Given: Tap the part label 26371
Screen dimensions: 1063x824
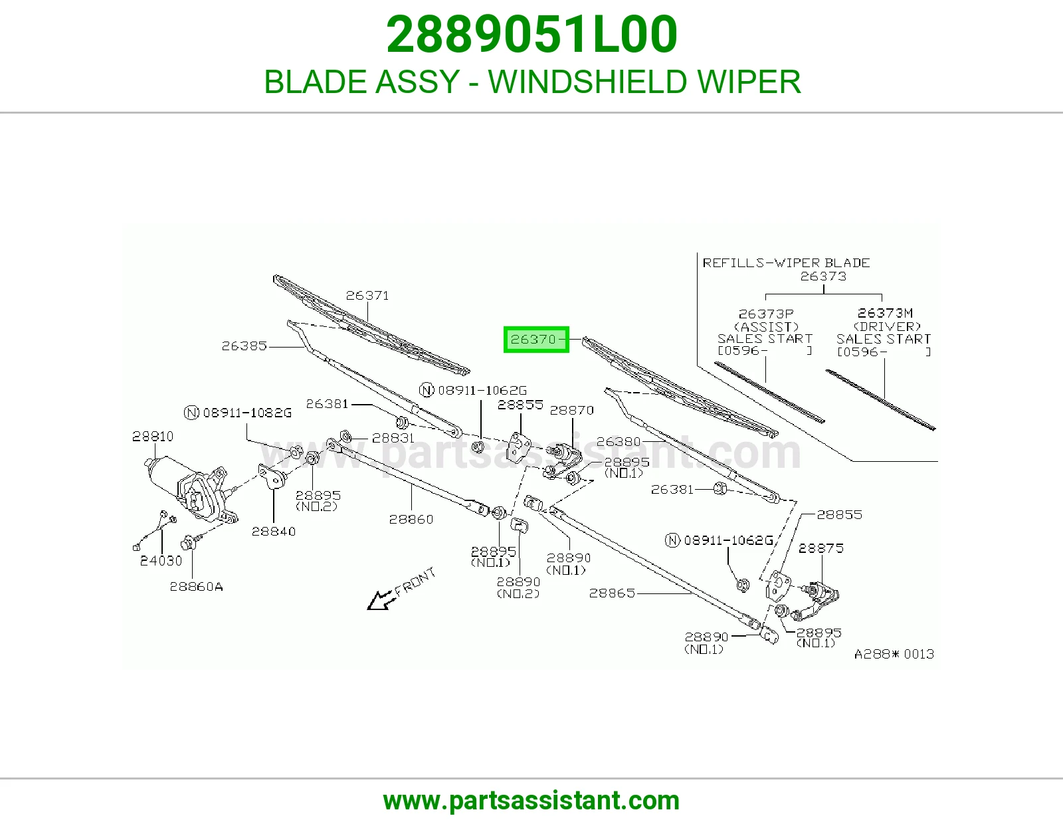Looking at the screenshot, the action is coord(367,296).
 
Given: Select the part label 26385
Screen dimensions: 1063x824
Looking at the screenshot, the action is coord(244,346).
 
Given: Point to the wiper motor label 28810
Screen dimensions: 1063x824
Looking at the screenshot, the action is coord(153,436).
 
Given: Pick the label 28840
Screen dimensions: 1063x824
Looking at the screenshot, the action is coord(274,532).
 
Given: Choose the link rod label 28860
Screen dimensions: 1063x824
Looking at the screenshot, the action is coord(411,519).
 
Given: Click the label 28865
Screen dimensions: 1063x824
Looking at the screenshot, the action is coord(611,593).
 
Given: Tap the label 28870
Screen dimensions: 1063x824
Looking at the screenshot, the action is coord(571,410).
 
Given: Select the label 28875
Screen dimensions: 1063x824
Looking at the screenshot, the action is coord(821,548).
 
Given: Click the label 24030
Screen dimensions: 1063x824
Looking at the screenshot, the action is coord(161,561).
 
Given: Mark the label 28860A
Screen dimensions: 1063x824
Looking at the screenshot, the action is coord(196,586).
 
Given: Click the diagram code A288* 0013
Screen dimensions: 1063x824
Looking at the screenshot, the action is coord(894,654).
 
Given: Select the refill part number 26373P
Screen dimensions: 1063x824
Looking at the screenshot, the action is coord(766,314).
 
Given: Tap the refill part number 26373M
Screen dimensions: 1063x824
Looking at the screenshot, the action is coord(885,313).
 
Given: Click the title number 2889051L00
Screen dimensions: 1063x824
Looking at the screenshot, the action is coord(531,35).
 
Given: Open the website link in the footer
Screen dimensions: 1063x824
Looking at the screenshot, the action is coord(531,801).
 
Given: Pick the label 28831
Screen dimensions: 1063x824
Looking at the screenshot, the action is coord(393,438).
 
